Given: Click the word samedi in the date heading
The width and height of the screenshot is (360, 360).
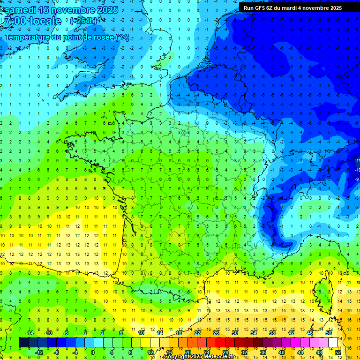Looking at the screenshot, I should [x=21, y=10].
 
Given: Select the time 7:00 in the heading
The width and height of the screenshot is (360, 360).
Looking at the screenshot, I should [x=14, y=22].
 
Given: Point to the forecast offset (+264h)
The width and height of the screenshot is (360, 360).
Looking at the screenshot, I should [x=84, y=21].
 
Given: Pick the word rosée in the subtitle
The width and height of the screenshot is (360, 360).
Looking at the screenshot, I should [x=102, y=37].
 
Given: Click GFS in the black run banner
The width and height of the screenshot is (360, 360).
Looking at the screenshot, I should [x=261, y=8].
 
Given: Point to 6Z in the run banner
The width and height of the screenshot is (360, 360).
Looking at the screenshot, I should [x=273, y=8].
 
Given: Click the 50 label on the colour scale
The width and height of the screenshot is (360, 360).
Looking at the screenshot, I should [x=329, y=333].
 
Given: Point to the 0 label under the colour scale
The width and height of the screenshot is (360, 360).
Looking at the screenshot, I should [x=93, y=352].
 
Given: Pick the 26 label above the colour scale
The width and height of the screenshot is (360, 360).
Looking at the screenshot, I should [x=216, y=333].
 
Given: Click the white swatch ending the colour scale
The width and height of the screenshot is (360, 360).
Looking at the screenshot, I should [x=333, y=343].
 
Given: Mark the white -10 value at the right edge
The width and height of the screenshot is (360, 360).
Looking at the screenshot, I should [x=357, y=170].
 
